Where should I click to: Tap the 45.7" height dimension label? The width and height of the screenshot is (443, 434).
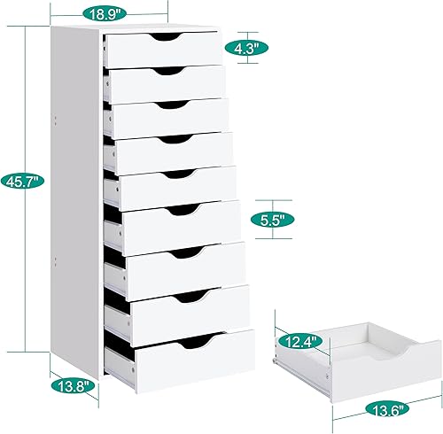pos(19,182)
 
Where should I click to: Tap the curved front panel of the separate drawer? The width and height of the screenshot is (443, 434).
pos(390,375)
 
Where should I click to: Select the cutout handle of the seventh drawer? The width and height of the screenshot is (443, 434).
pos(189,252)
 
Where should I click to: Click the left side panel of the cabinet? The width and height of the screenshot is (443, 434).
pos(76,204)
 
